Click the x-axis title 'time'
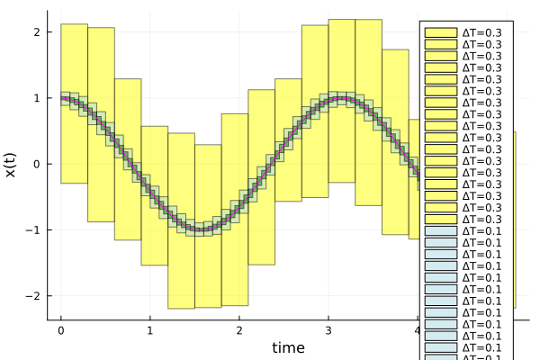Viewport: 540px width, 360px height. coord(288,347)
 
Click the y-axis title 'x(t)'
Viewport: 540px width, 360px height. coord(12,164)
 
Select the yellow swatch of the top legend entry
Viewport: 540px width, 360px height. coord(439,32)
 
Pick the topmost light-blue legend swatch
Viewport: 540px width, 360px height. coord(439,231)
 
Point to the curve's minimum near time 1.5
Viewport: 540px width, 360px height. coord(201,229)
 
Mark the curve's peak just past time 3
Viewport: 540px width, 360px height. coord(340,98)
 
